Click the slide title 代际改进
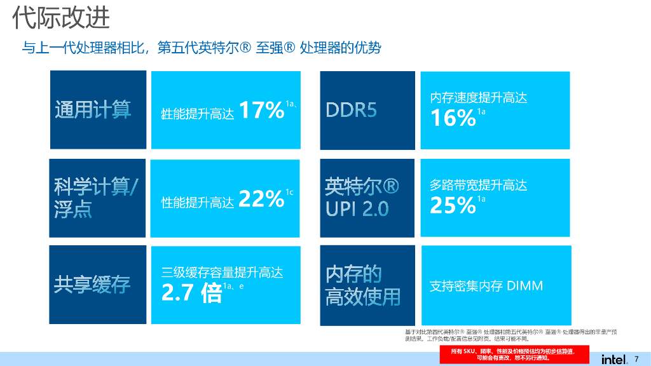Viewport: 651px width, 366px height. pos(62,18)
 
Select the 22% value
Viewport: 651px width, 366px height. pos(261,200)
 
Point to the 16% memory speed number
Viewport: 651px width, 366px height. pos(453,118)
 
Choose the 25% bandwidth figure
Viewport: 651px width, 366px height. pos(453,205)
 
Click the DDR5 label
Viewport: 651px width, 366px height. pos(352,110)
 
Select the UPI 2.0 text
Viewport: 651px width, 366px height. pos(357,209)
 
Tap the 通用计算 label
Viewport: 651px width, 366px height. pos(93,110)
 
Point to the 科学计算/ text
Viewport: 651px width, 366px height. pos(99,187)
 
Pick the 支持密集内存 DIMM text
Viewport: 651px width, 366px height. pos(486,286)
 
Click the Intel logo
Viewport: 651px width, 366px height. pos(614,359)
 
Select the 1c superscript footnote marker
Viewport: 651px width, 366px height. pos(289,193)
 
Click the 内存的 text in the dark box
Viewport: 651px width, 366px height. pos(353,274)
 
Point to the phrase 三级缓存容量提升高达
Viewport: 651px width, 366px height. pos(222,273)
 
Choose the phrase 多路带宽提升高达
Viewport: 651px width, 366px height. pos(479,185)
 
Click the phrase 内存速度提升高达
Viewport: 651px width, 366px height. pos(479,97)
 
